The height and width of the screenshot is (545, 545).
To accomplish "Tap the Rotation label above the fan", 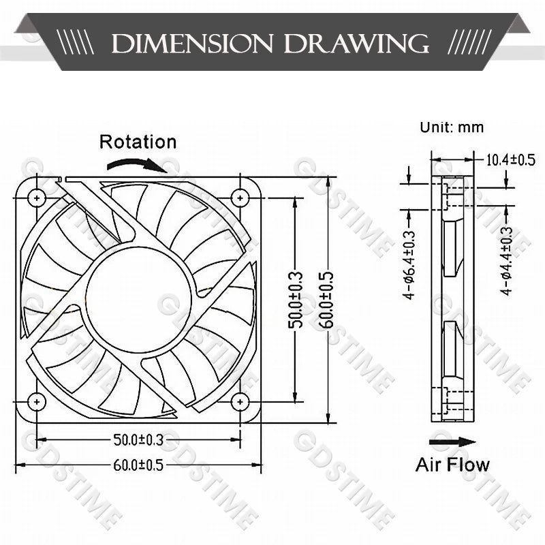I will click(138, 142).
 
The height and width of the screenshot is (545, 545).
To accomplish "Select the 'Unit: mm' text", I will click(452, 127).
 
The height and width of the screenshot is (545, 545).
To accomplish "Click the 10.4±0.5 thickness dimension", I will click(510, 160).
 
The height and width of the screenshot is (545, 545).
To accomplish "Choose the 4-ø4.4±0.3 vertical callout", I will click(505, 261).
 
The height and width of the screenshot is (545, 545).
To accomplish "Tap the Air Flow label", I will click(452, 465).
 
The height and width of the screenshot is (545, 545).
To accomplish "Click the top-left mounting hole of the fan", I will click(35, 198).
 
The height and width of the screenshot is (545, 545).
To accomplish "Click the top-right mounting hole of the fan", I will click(239, 198).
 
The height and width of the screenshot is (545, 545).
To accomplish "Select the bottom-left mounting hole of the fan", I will click(35, 401).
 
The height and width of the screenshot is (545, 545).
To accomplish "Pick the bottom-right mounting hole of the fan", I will click(239, 401).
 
